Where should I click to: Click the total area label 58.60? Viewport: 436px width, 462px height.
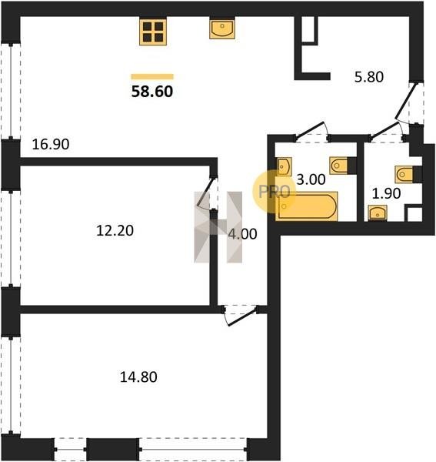152,92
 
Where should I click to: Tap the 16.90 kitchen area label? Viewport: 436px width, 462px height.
51,145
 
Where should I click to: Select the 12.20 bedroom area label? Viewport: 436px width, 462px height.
115,230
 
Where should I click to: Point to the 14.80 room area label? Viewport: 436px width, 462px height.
138,377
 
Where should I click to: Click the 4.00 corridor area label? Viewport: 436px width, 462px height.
242,234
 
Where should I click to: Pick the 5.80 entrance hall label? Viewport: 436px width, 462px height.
369,77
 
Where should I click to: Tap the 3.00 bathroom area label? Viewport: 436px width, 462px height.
311,179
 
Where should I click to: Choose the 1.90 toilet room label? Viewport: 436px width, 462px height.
386,193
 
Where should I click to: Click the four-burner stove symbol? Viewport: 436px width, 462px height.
153,32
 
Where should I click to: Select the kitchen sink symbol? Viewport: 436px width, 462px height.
222,29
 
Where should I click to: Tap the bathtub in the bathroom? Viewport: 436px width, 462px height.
306,206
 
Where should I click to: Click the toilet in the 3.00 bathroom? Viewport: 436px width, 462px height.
343,166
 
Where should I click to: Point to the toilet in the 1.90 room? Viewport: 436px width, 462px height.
408,175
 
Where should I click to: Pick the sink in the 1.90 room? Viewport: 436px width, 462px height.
378,213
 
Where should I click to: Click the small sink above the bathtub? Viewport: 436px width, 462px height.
285,166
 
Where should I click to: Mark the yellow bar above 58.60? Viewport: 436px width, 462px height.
152,76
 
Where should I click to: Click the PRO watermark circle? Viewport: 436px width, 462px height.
274,192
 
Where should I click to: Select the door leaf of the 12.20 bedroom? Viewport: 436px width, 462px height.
205,192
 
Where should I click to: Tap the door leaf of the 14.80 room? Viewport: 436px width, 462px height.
243,316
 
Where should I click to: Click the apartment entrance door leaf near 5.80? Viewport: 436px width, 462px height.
406,101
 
